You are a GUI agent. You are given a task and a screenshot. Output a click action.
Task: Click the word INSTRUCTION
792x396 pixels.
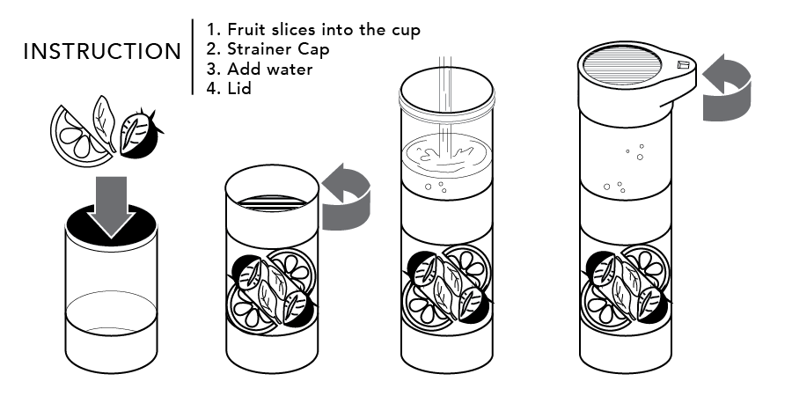102,52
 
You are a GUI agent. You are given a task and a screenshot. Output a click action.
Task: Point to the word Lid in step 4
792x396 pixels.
238,88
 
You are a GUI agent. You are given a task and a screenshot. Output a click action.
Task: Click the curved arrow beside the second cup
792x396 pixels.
347,197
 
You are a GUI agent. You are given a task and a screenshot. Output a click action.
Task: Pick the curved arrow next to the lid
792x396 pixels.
727,88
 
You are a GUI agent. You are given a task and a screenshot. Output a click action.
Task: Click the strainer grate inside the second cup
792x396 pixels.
272,202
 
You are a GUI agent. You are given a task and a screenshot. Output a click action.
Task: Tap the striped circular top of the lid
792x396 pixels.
622,66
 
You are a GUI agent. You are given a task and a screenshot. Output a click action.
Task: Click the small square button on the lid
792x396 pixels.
683,65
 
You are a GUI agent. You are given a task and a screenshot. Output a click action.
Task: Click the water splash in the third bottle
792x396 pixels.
446,153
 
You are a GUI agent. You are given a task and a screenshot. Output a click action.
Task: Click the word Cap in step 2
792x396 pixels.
312,50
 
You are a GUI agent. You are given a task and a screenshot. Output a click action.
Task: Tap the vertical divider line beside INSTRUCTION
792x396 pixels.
193,57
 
